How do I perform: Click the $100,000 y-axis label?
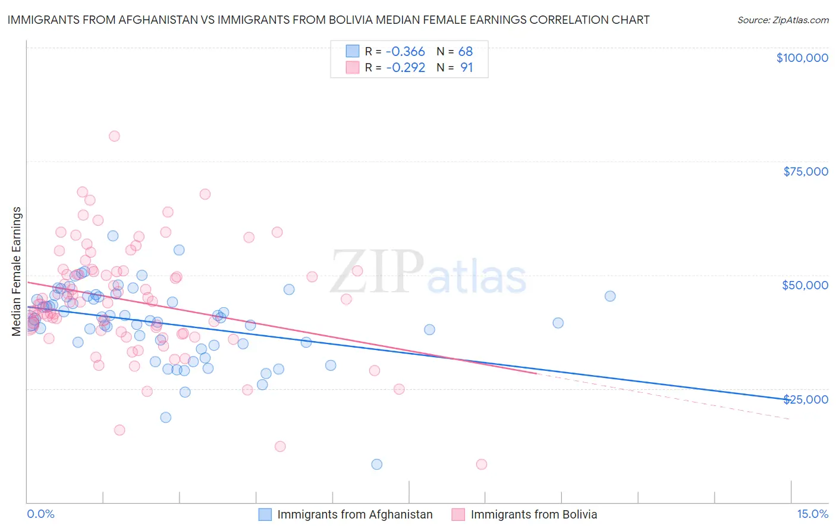pyautogui.click(x=802, y=58)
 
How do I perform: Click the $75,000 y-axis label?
pyautogui.click(x=806, y=171)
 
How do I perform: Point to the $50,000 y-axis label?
pyautogui.click(x=805, y=285)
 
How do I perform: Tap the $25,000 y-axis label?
pyautogui.click(x=805, y=399)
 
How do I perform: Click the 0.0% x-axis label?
pyautogui.click(x=40, y=514)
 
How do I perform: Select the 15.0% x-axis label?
pyautogui.click(x=812, y=514)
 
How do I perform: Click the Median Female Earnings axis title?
pyautogui.click(x=17, y=271)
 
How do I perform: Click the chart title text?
pyautogui.click(x=328, y=20)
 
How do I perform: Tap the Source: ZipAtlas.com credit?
pyautogui.click(x=782, y=20)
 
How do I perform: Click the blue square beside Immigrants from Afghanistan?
pyautogui.click(x=265, y=514)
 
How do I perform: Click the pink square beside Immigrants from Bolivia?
pyautogui.click(x=458, y=514)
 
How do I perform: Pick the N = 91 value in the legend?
pyautogui.click(x=455, y=68)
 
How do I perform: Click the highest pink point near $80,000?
pyautogui.click(x=114, y=136)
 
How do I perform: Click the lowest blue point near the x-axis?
pyautogui.click(x=376, y=464)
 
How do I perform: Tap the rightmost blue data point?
pyautogui.click(x=610, y=296)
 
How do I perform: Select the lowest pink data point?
pyautogui.click(x=482, y=464)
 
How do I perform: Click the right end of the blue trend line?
pyautogui.click(x=790, y=399)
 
